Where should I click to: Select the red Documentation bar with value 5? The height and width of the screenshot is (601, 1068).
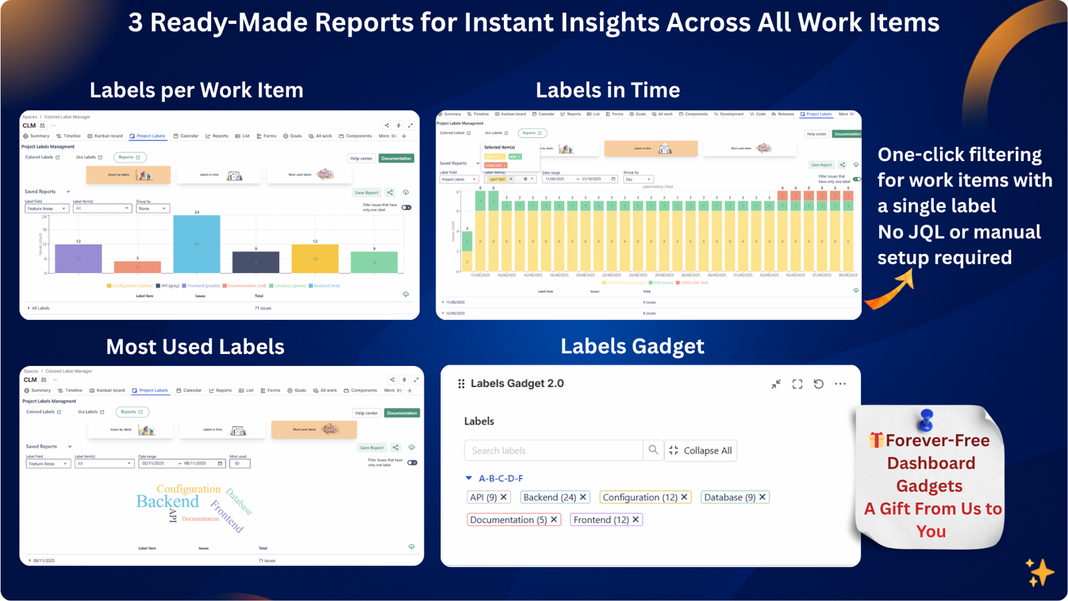138,267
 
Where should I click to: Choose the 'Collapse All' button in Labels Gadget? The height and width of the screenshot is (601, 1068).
700,451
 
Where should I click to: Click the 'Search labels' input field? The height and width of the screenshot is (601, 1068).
553,451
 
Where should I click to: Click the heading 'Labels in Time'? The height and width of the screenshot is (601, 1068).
607,90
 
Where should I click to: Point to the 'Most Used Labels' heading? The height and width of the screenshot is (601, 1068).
195,347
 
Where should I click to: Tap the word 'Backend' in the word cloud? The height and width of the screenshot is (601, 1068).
168,502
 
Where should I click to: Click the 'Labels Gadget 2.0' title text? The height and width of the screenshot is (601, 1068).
517,383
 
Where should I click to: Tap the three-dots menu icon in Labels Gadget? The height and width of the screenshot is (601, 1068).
840,384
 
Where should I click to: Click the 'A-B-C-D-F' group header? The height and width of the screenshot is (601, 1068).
500,478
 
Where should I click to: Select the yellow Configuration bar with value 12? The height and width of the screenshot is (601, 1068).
314,258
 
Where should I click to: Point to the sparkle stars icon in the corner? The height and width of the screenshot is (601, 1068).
1039,573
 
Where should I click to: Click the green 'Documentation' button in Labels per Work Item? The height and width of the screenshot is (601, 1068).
396,158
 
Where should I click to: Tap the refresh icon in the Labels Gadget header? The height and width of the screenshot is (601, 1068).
818,384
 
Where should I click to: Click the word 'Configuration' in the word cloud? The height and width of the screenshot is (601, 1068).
188,489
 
